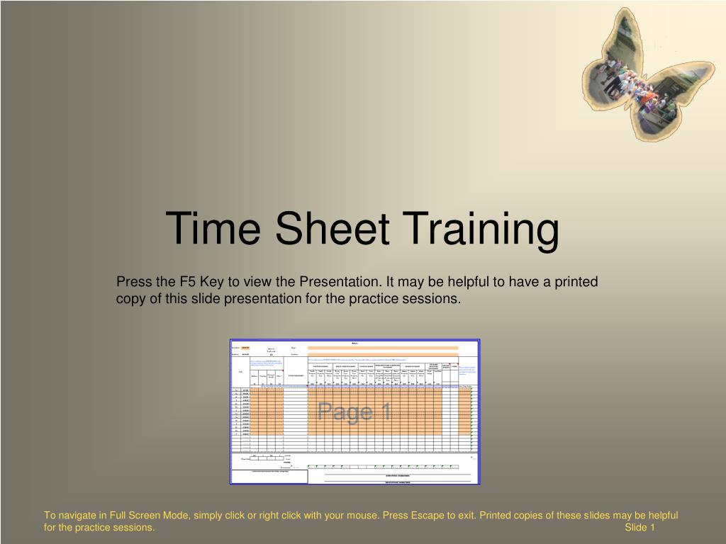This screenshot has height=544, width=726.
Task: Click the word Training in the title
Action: click(x=479, y=229)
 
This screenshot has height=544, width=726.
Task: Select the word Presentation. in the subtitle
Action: click(x=339, y=282)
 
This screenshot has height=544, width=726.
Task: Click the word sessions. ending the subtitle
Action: click(x=435, y=299)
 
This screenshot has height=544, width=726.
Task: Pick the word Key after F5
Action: click(x=211, y=282)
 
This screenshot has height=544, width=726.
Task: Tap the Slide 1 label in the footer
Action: click(x=640, y=528)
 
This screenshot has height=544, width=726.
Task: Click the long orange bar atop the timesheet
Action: click(x=383, y=348)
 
